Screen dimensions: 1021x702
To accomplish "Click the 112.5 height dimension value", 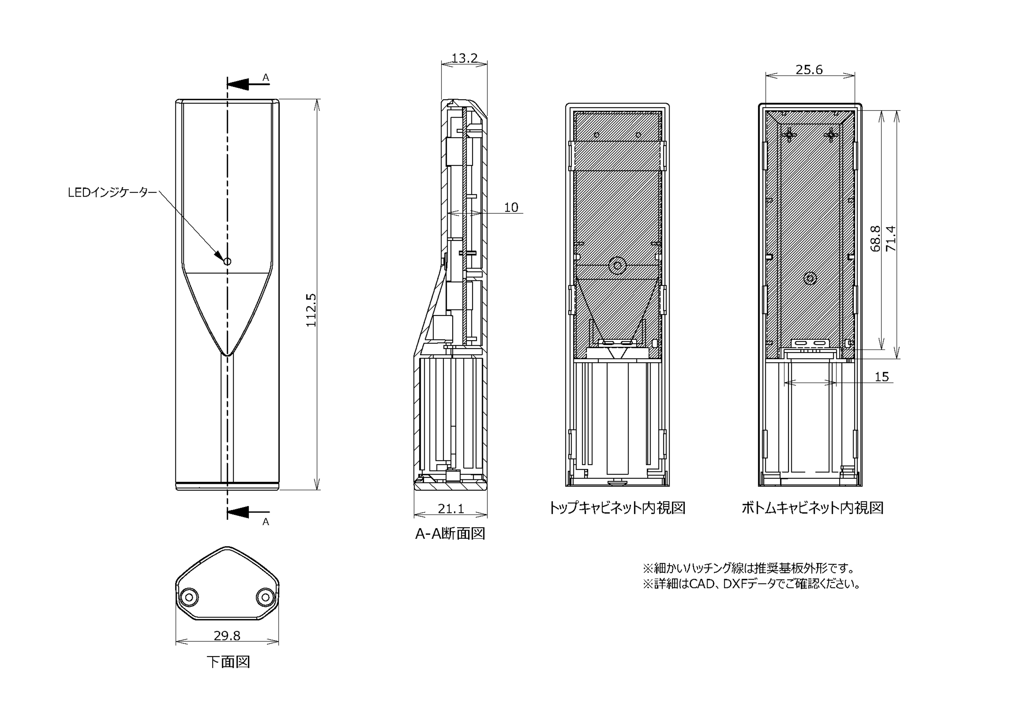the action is pos(311,310).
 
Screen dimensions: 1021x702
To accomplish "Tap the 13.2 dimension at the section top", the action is pos(464,58).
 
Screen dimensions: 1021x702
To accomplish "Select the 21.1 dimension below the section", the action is pos(451,509).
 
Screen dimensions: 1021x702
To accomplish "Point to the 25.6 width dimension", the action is pos(809,69).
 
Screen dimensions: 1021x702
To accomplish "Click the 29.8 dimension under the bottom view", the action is pos(227,635).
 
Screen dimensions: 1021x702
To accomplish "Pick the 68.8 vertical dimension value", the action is pos(875,239).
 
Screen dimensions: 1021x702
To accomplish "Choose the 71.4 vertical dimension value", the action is pos(891,239).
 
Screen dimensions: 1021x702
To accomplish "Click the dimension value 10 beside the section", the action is pos(511,207).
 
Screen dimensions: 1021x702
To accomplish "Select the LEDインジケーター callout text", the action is pos(112,192).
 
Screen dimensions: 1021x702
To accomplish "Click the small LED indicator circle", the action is pos(227,261).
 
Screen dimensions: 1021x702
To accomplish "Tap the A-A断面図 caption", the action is pos(450,534).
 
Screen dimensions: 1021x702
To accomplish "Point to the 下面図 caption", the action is pos(228,662).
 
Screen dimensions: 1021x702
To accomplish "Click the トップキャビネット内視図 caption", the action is pos(617,508).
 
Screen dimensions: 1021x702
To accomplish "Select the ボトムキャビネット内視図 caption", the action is pos(812,508).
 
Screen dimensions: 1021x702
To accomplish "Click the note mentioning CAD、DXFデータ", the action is pos(751,584).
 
